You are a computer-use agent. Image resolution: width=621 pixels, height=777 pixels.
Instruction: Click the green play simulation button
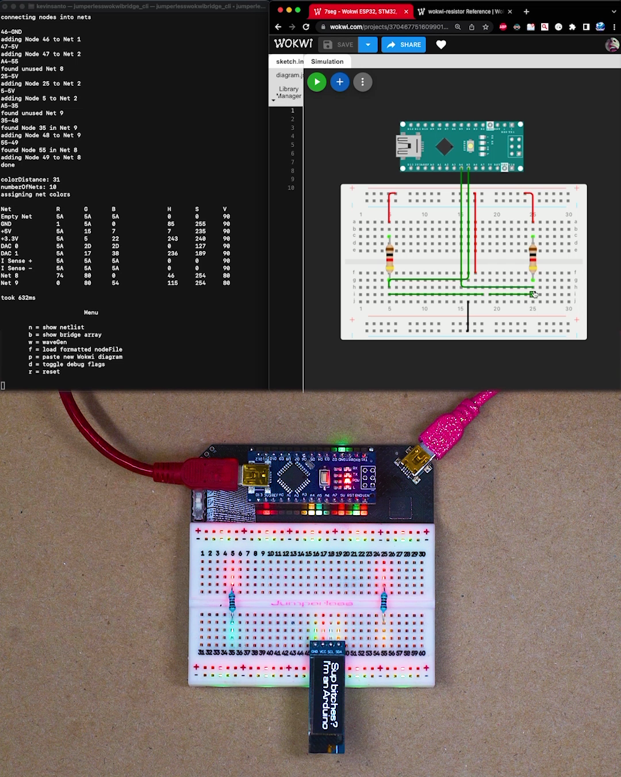click(317, 82)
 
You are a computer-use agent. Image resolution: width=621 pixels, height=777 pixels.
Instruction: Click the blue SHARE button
click(404, 45)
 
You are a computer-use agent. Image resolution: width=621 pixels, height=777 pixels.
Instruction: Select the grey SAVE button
click(339, 45)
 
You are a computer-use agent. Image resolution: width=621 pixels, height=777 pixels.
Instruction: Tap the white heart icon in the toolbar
click(441, 45)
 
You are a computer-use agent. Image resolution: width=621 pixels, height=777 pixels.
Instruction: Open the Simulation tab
click(327, 62)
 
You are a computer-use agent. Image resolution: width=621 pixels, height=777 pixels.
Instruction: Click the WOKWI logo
click(293, 44)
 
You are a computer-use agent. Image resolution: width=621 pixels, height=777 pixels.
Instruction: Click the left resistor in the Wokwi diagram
click(390, 257)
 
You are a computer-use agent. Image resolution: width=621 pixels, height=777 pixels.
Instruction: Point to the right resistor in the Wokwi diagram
click(533, 257)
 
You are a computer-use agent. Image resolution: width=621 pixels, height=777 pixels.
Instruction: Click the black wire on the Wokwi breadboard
click(468, 317)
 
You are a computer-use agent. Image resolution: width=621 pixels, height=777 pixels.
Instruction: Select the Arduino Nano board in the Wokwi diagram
click(462, 147)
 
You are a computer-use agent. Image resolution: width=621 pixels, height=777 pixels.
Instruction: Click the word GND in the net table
click(6, 224)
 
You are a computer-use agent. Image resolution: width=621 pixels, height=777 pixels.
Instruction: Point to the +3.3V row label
click(10, 239)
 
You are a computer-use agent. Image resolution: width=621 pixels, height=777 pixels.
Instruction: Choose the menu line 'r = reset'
click(44, 372)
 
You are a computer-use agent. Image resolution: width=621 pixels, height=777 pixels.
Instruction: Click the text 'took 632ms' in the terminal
click(18, 298)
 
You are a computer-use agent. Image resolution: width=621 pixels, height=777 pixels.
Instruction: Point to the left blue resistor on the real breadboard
click(232, 602)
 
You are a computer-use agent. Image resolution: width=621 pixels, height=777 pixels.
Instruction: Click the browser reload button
click(306, 27)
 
